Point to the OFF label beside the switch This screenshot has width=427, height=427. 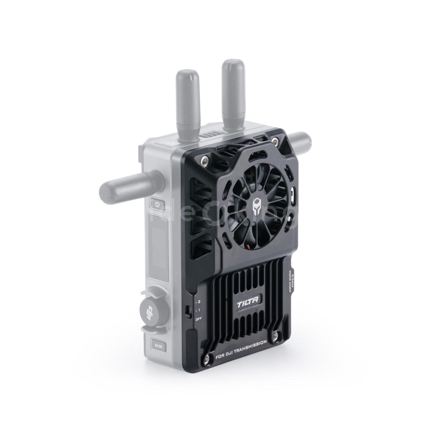pos(198,318)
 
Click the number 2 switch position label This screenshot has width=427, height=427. pos(198,301)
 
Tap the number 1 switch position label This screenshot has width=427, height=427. pos(198,310)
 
